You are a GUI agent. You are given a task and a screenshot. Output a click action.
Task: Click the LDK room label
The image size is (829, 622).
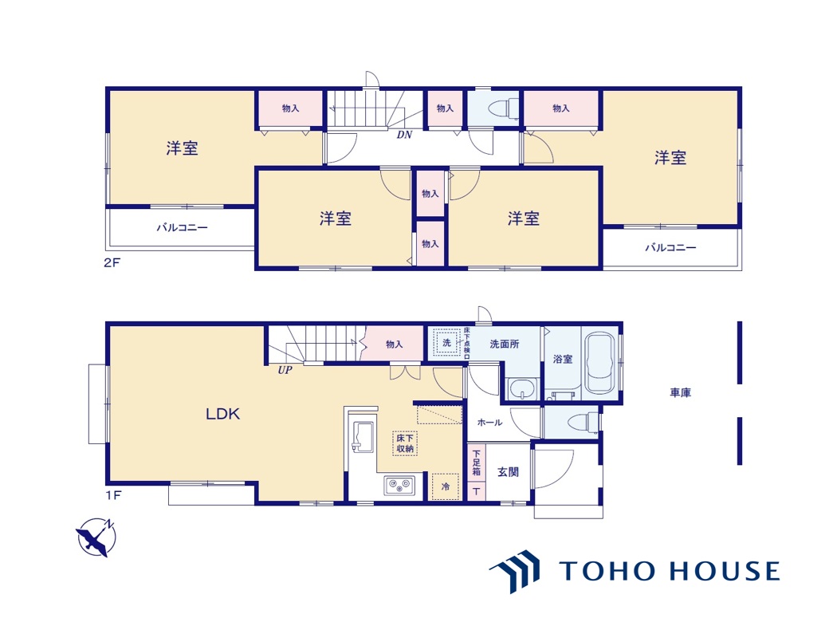tap(222, 414)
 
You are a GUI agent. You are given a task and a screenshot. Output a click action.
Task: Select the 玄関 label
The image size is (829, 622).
tap(508, 472)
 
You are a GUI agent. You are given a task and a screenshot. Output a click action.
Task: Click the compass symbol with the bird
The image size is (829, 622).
tap(96, 537)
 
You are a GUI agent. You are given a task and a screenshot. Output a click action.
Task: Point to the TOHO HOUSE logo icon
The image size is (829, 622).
tap(516, 571)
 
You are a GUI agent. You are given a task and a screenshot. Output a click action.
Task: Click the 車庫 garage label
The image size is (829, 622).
tap(681, 392)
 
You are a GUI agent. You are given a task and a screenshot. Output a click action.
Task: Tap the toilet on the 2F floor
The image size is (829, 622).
tap(499, 108)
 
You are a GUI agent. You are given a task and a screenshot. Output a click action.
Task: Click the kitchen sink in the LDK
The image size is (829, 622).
tap(363, 436)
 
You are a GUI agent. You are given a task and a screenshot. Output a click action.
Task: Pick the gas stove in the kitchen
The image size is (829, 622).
tap(399, 485)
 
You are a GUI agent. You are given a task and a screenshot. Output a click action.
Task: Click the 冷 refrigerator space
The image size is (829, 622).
tap(445, 486)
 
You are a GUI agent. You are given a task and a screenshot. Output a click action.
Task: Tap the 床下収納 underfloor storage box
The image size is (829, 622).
tap(405, 443)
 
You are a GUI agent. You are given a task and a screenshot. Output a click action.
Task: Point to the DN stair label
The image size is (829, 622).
tap(404, 135)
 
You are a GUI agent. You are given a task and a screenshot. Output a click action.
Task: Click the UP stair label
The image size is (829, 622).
tap(285, 370)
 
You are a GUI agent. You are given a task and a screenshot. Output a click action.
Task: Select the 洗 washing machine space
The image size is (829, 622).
tap(446, 343)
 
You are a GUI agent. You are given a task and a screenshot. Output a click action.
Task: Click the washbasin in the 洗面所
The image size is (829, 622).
tap(523, 389)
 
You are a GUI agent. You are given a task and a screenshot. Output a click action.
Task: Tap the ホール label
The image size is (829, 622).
tap(489, 422)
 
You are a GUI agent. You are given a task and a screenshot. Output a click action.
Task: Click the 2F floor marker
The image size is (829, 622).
tap(112, 262)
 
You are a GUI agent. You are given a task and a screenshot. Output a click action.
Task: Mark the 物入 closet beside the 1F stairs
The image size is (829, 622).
tap(395, 344)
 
